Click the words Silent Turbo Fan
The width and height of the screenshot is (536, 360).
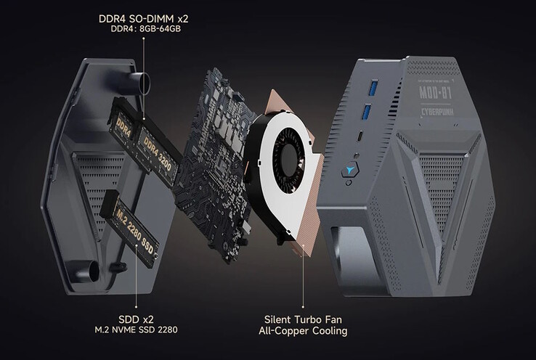(306, 319)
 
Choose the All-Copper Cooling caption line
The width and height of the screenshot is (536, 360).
(306, 332)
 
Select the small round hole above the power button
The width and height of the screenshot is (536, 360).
(359, 155)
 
